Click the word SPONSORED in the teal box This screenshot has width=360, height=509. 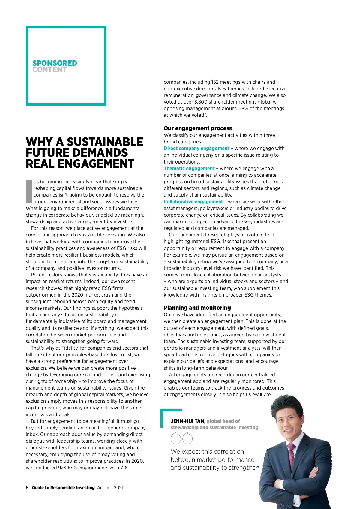[x=55, y=63]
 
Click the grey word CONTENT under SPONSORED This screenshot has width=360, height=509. [x=49, y=70]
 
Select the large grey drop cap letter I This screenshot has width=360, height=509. [x=29, y=191]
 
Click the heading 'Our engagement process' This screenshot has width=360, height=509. [x=198, y=128]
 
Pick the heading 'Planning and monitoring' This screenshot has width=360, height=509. [x=197, y=308]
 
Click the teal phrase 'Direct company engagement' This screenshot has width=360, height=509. [x=196, y=148]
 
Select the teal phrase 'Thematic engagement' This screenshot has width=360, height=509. [x=189, y=168]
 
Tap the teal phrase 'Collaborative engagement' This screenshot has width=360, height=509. [x=193, y=202]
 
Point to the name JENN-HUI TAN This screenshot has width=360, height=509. [x=188, y=421]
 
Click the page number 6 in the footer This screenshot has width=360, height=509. [x=27, y=488]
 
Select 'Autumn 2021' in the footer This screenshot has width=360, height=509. [x=110, y=488]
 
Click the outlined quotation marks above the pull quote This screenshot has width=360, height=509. [x=181, y=438]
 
